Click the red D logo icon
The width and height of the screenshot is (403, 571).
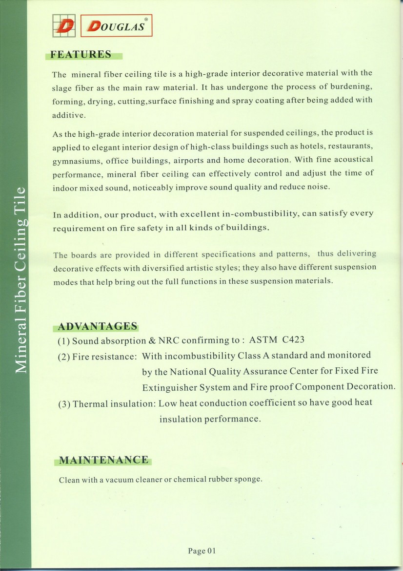pyautogui.click(x=63, y=25)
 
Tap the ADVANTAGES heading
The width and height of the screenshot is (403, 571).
pyautogui.click(x=98, y=326)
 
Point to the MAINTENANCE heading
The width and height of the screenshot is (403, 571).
pyautogui.click(x=103, y=460)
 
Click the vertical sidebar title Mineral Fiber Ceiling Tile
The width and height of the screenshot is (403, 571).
pyautogui.click(x=20, y=280)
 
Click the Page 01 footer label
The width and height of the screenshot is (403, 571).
pyautogui.click(x=201, y=551)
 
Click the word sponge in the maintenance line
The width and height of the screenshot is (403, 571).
pyautogui.click(x=250, y=480)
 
